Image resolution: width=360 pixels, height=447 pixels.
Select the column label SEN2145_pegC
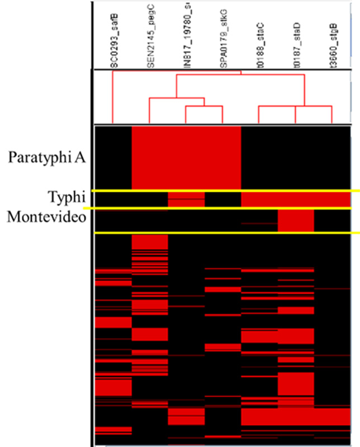coord(150,42)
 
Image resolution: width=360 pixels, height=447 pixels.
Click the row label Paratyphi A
coord(47,157)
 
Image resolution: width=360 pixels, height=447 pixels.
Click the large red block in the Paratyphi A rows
coord(186,157)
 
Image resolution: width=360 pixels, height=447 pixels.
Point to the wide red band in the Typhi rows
coord(296,199)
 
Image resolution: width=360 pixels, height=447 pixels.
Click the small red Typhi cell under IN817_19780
coord(186,198)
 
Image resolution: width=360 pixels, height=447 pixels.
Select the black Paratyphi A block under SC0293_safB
coord(113,157)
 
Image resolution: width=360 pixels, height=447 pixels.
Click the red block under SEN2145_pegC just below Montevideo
coord(150,241)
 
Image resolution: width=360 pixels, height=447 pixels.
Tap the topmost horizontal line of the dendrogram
coord(177,73)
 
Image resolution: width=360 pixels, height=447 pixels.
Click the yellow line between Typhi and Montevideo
coord(224,208)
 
